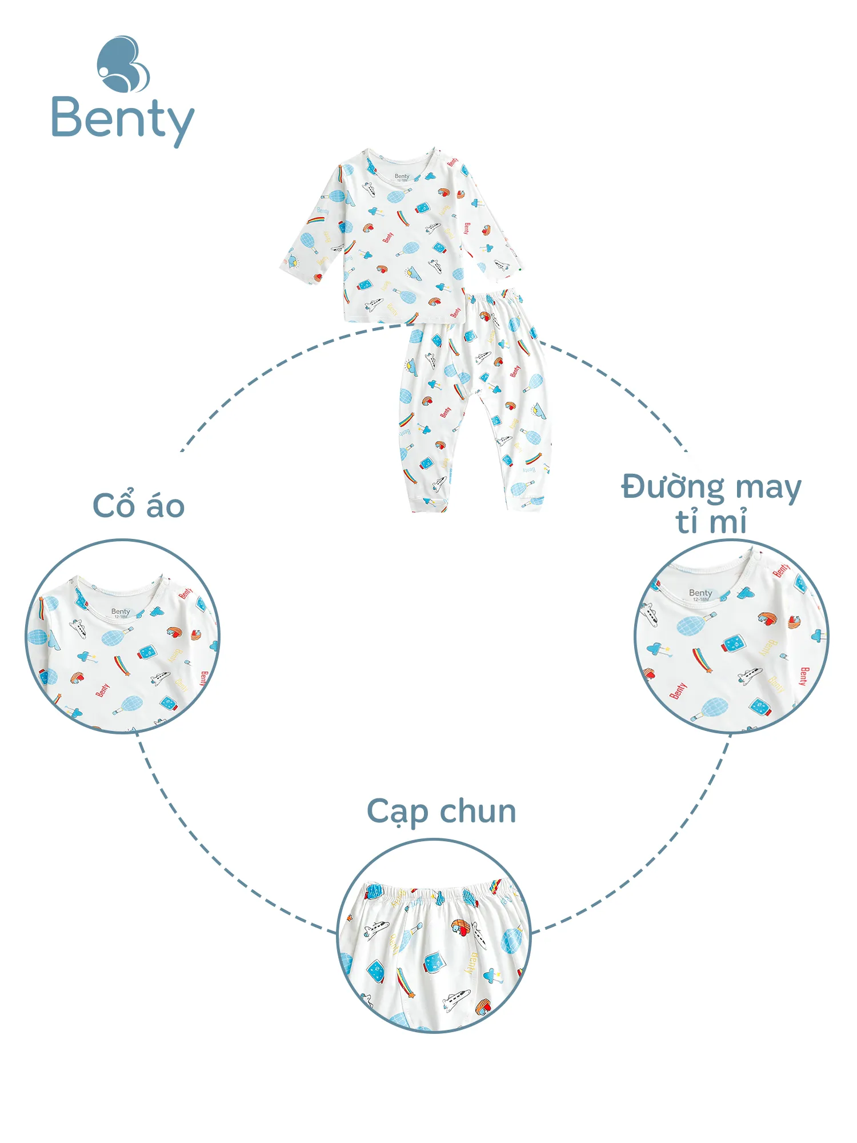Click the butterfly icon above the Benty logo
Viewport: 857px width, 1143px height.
click(x=123, y=65)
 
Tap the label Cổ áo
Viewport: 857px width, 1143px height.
click(x=139, y=506)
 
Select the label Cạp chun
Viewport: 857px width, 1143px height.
click(x=441, y=812)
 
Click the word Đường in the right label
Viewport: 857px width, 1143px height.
click(x=673, y=487)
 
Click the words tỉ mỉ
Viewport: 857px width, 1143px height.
click(x=711, y=521)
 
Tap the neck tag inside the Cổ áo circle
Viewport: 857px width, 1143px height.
click(x=121, y=613)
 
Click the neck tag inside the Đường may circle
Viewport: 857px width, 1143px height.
click(x=700, y=594)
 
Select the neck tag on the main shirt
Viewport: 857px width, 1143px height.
click(x=402, y=177)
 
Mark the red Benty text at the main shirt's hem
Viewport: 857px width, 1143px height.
click(x=455, y=313)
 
